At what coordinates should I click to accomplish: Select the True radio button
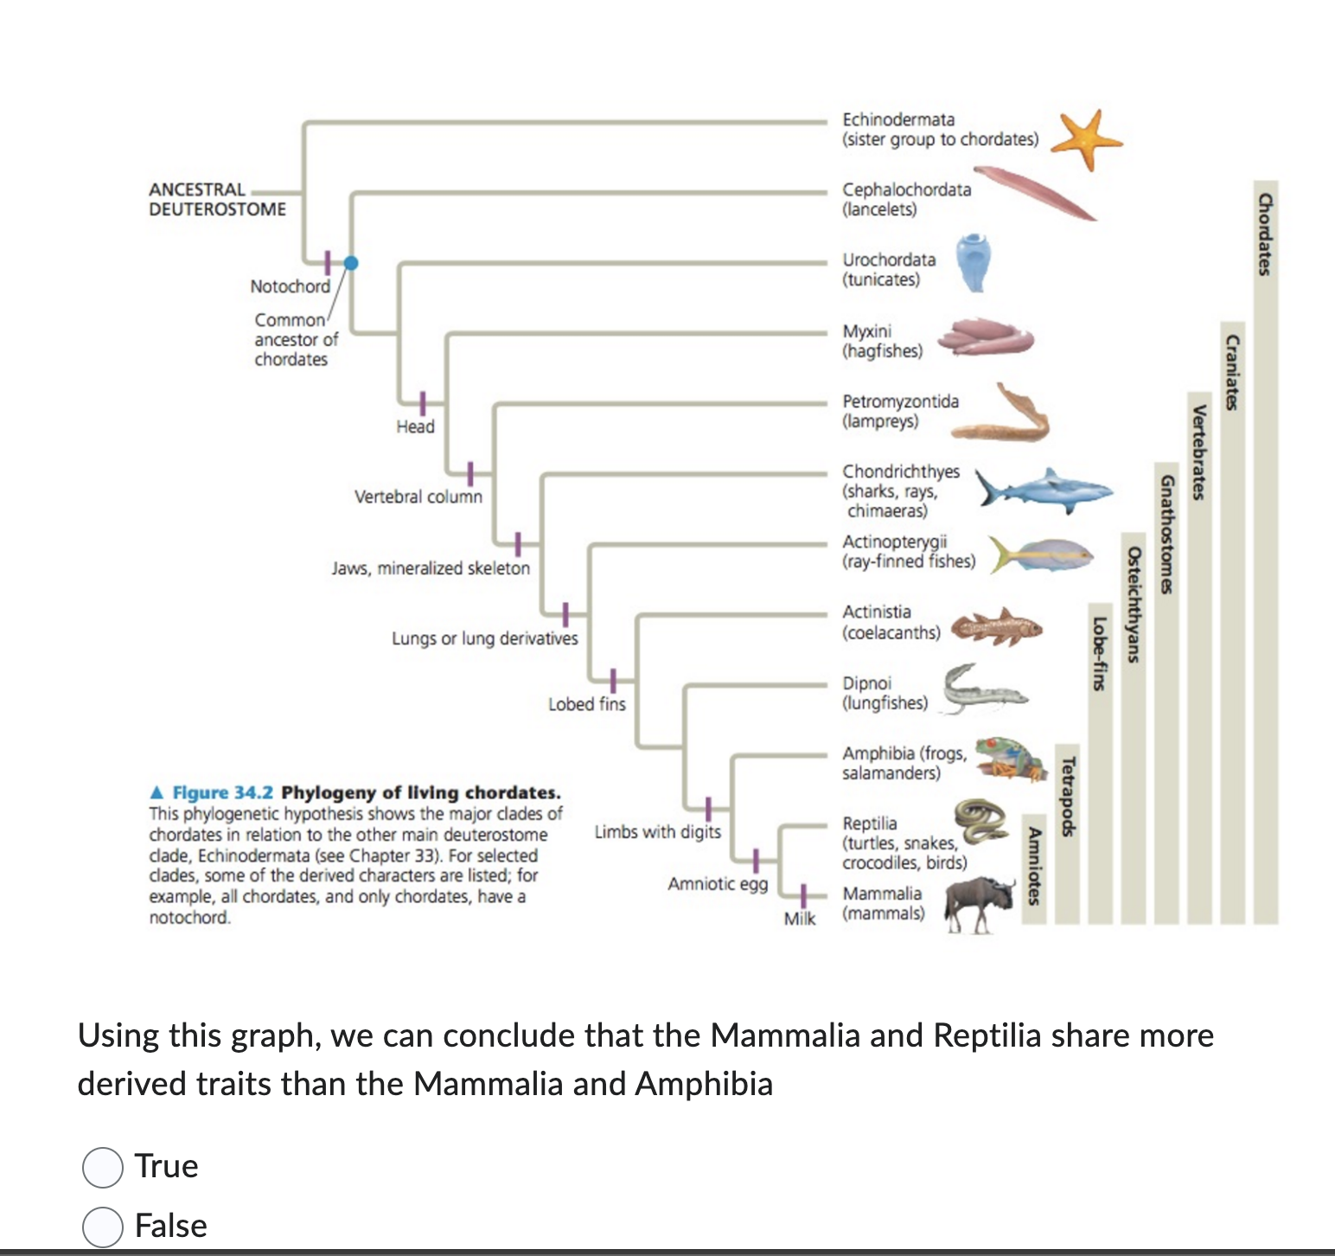coord(102,1167)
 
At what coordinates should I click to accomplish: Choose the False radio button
coord(102,1227)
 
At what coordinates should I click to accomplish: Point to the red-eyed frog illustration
coord(1011,759)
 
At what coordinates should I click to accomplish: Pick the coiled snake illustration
coord(982,819)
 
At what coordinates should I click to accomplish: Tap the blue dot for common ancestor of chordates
coord(350,263)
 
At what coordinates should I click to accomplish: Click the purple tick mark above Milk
coord(803,895)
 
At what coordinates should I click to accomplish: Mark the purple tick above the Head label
coord(423,403)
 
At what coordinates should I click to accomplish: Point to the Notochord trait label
coord(290,286)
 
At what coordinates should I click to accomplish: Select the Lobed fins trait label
coord(586,704)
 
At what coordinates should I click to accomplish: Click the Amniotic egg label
coord(718,883)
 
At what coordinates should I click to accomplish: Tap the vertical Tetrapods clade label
coord(1068,796)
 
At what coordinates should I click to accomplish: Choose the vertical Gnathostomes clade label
coord(1166,534)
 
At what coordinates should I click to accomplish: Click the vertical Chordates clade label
coord(1265,234)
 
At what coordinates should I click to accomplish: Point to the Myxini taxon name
coord(866,331)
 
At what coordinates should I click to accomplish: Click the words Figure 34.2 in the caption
coord(222,792)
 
